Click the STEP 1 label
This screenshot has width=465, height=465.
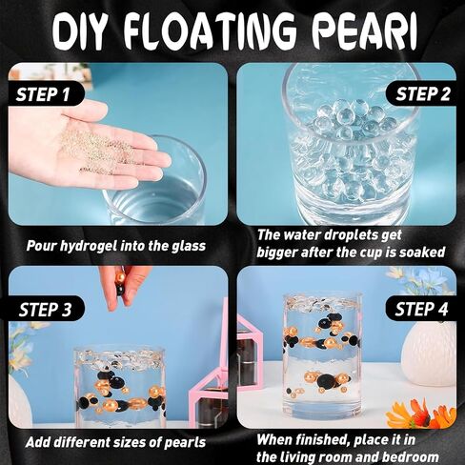click(x=43, y=94)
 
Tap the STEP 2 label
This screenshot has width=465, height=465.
click(x=423, y=94)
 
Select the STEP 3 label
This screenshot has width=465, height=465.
click(x=45, y=310)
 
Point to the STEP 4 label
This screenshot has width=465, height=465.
click(x=421, y=309)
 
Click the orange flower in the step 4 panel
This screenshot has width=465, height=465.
click(x=418, y=413)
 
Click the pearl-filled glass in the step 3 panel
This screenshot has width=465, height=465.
click(x=120, y=388)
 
